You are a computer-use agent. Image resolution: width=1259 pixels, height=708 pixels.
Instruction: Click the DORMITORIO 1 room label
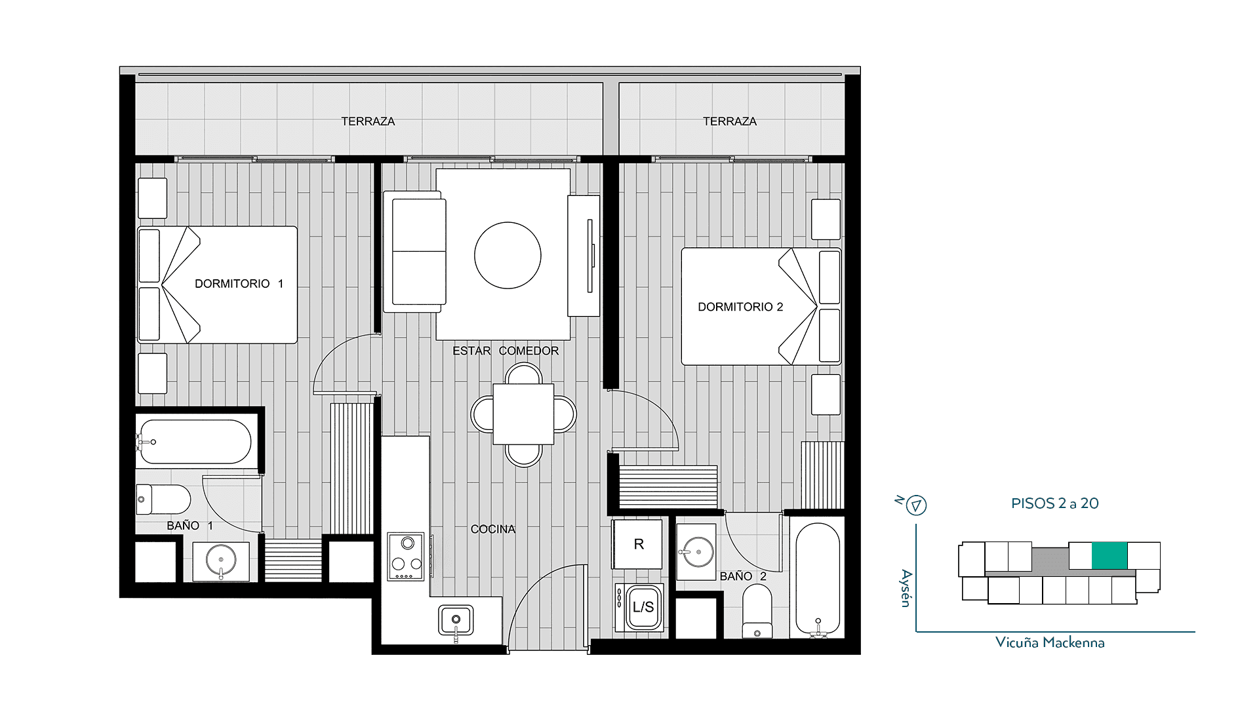(x=239, y=284)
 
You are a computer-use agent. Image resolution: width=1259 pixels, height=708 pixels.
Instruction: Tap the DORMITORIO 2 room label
(x=740, y=307)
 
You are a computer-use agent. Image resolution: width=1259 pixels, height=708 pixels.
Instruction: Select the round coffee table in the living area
(x=508, y=255)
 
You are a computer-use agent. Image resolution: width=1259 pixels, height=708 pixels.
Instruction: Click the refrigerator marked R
(x=637, y=543)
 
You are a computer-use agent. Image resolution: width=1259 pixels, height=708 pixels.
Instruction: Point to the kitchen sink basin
(x=456, y=619)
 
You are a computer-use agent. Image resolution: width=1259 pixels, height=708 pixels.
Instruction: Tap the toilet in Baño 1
(x=163, y=500)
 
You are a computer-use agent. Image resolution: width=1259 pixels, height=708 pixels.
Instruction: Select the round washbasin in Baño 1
(x=221, y=560)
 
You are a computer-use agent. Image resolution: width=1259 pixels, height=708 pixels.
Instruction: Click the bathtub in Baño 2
(x=818, y=580)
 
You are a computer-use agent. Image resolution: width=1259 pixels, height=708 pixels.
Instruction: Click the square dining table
(x=523, y=414)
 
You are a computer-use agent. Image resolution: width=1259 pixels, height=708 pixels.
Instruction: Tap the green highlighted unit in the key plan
(x=1109, y=555)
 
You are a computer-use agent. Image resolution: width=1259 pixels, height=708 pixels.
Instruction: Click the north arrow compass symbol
(x=916, y=505)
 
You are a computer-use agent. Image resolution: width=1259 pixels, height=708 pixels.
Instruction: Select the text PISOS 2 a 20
(x=1054, y=503)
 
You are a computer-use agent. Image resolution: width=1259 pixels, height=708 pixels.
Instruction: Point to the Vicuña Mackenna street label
(x=1050, y=642)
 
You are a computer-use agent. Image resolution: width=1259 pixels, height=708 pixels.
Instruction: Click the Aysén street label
(x=906, y=588)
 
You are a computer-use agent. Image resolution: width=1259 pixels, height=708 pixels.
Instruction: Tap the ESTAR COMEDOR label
(x=506, y=351)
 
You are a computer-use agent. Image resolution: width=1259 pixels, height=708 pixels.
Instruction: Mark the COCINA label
(x=493, y=529)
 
